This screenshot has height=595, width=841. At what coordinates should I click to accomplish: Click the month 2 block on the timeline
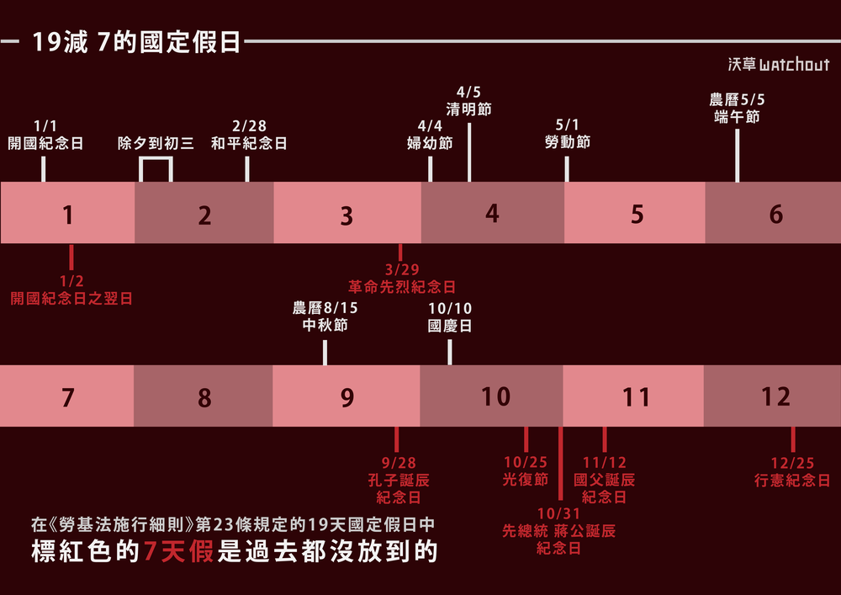click(x=204, y=214)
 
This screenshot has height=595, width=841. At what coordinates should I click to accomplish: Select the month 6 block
click(x=774, y=214)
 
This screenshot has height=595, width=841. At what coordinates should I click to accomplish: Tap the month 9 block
click(x=346, y=396)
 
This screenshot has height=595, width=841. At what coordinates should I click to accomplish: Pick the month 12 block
click(x=774, y=396)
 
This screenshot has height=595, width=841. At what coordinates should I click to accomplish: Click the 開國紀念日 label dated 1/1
click(x=45, y=143)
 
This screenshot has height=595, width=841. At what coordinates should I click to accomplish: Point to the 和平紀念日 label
click(x=249, y=143)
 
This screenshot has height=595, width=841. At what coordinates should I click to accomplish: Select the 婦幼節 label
click(x=430, y=143)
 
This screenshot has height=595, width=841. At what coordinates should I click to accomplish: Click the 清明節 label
click(x=468, y=109)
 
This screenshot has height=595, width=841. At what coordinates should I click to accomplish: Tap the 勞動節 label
click(x=568, y=142)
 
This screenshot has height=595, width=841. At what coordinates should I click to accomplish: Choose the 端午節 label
click(x=737, y=117)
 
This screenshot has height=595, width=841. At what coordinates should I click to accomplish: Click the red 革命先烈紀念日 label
click(x=402, y=287)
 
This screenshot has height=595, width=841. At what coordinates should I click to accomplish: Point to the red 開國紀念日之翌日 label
click(x=71, y=298)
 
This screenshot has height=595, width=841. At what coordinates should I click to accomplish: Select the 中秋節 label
click(x=325, y=324)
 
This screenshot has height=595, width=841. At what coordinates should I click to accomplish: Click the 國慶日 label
click(x=450, y=326)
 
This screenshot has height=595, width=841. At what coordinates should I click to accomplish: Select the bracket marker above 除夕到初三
click(x=156, y=170)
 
